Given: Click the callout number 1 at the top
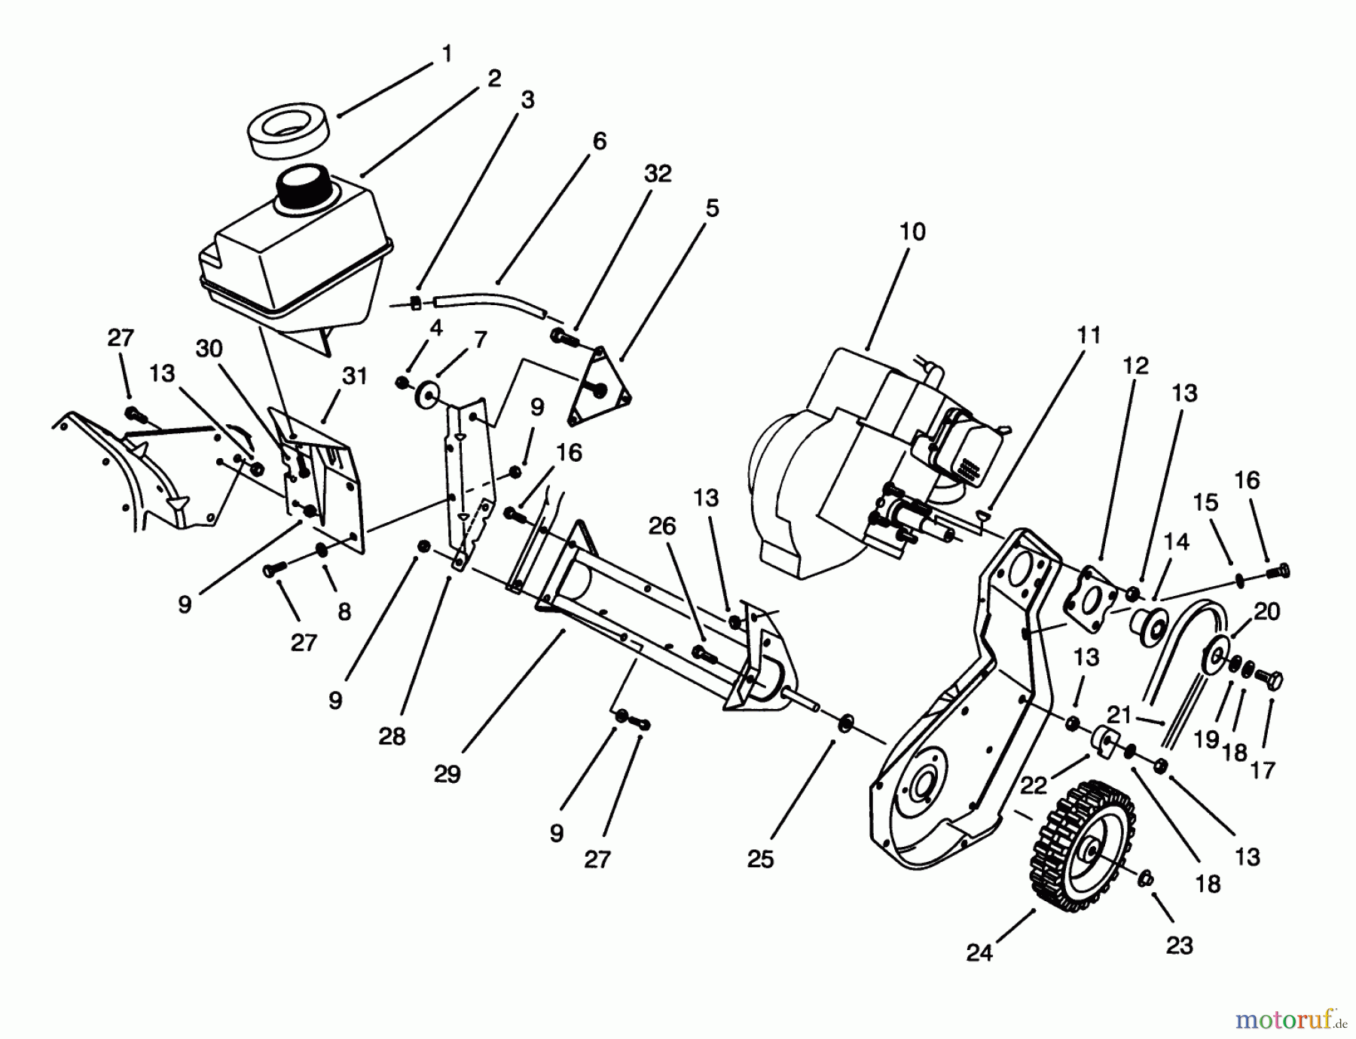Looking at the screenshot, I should coord(447,54).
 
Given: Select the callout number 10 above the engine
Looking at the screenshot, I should coord(912,231).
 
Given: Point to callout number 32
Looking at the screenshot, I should coord(657,173).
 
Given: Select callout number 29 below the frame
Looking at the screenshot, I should coord(447,774).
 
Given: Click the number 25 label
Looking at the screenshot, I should coord(761,859).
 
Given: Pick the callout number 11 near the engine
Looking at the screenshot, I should coord(1089,335).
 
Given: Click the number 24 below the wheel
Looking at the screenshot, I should coord(979,953).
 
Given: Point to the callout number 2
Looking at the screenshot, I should coord(493,78).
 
